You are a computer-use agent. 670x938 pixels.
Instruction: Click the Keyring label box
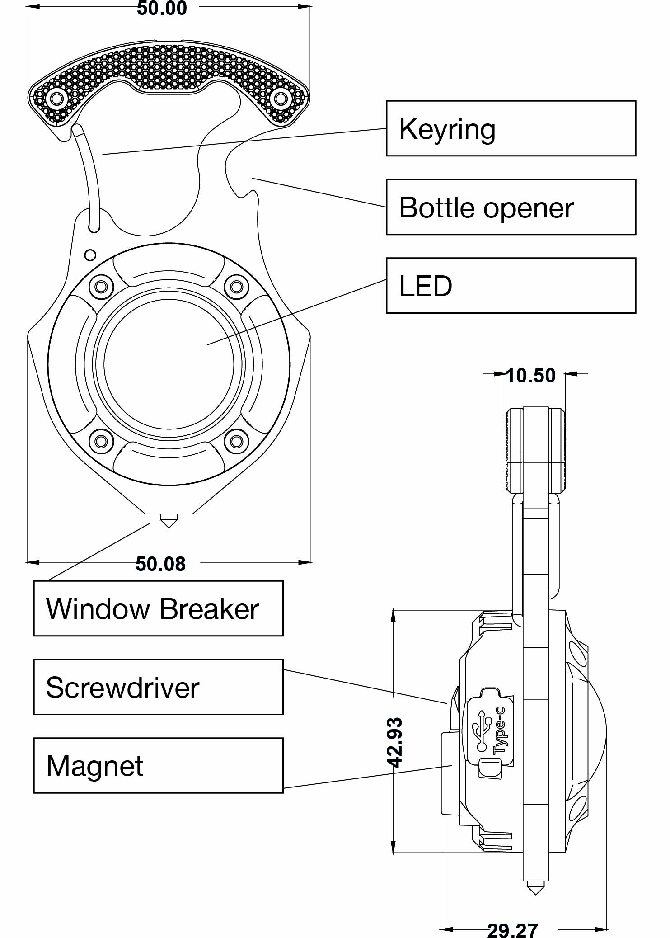[511, 128]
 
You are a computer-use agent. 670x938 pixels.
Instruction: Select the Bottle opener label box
[511, 207]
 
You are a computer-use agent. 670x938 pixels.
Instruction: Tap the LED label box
[511, 286]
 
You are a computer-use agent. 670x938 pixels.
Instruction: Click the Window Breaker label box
[158, 608]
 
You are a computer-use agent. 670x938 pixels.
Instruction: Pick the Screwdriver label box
[158, 687]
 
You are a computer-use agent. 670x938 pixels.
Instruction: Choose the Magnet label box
[158, 766]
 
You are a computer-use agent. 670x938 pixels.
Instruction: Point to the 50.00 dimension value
[162, 8]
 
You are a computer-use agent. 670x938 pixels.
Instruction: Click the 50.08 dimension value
[160, 564]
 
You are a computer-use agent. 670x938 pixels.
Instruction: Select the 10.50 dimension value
[531, 375]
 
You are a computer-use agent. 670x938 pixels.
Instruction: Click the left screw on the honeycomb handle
[57, 98]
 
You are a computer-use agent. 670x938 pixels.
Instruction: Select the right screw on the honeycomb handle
[281, 98]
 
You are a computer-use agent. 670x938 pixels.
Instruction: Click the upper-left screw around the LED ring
[101, 286]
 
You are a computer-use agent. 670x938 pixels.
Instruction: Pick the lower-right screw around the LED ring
[236, 441]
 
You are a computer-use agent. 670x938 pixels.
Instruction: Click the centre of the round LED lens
[169, 364]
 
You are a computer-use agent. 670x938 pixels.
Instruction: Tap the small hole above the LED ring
[90, 255]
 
